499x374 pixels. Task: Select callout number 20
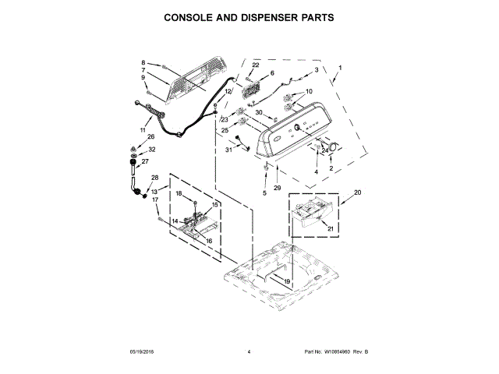(x=358, y=192)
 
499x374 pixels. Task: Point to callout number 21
(x=329, y=228)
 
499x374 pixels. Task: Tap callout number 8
(x=143, y=62)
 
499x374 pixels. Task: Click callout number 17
(x=155, y=200)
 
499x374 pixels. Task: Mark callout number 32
(x=152, y=150)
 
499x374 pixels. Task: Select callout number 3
(x=316, y=70)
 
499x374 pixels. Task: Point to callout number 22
(x=255, y=65)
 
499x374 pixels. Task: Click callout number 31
(x=229, y=150)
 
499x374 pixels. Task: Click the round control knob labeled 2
(x=333, y=148)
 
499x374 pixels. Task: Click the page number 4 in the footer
(x=249, y=352)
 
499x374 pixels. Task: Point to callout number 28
(x=154, y=178)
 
